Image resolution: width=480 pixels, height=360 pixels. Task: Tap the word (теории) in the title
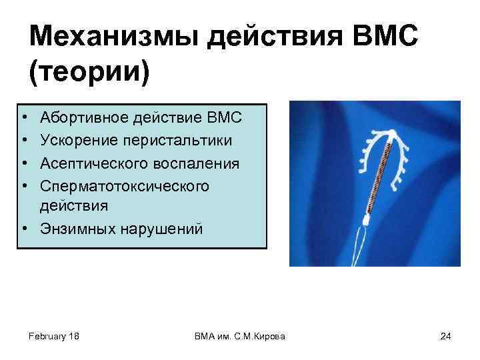89,70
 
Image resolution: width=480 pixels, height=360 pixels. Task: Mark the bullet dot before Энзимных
23,229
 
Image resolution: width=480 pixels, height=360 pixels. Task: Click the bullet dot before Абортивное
23,119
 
